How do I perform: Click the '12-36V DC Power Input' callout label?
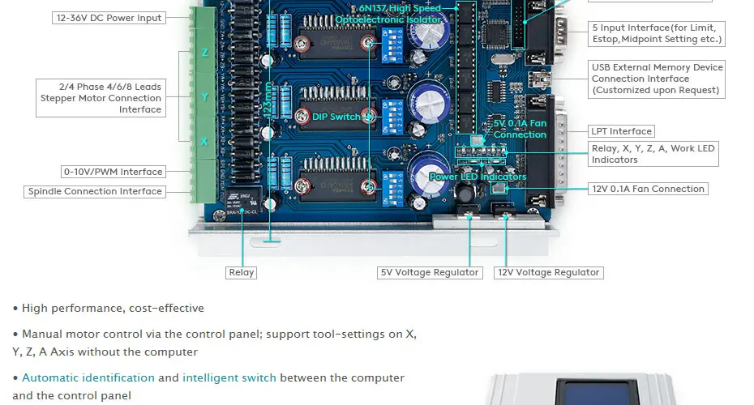click(x=109, y=18)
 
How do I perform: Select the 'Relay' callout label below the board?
click(x=242, y=273)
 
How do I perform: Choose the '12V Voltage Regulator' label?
click(x=549, y=273)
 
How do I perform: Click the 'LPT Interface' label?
click(x=621, y=131)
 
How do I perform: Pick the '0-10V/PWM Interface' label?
click(x=114, y=172)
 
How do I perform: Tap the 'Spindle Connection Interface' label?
click(x=95, y=192)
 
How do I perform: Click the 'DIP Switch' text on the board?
click(x=336, y=117)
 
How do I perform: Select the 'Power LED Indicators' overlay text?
click(x=478, y=177)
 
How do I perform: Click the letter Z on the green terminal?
click(x=204, y=53)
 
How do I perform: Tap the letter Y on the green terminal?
click(x=204, y=97)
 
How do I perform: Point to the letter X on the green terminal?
click(x=204, y=142)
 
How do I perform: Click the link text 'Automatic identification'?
click(x=88, y=377)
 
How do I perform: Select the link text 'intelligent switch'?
click(x=229, y=377)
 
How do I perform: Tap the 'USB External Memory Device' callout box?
click(x=657, y=79)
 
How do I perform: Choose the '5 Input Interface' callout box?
click(x=657, y=33)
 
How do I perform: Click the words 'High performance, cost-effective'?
click(x=113, y=308)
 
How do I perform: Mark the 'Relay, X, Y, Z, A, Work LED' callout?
click(x=653, y=154)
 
